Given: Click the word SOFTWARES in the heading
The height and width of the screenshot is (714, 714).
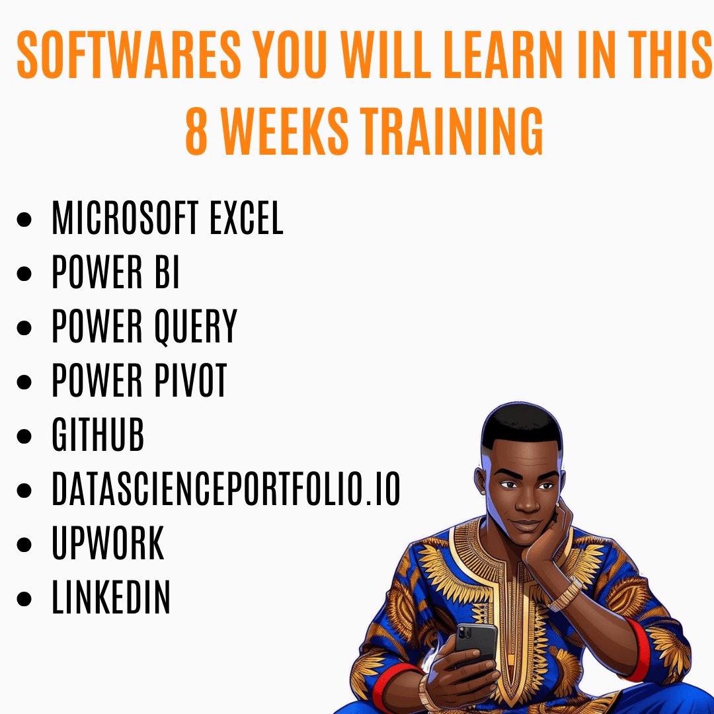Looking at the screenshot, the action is point(129,55).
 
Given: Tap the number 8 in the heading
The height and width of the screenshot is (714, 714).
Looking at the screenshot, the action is point(197,131).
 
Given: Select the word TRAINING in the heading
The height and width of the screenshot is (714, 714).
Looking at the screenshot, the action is point(452,131).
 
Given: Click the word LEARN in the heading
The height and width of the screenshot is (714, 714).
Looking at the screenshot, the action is point(504,55).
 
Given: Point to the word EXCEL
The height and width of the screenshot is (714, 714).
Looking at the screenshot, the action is point(247,218).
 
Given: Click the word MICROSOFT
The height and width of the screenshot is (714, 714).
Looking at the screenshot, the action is point(125,218).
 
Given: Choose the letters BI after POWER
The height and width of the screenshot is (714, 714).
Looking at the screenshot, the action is point(167,272).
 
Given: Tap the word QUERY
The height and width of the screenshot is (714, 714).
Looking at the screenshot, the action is point(196,326).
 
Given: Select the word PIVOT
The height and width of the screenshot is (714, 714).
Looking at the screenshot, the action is point(190,380).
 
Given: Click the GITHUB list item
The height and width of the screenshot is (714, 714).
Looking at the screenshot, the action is point(98,434).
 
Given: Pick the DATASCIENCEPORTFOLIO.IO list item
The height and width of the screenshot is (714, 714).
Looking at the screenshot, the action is point(226,489).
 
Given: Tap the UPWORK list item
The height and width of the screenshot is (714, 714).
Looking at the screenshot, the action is point(108,543).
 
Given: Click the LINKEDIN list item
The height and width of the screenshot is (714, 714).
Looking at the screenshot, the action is point(111,597).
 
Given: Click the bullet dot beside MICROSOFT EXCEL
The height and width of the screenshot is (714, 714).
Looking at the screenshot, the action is point(24,219).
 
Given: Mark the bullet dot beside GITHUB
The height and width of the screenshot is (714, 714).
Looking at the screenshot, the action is point(24,436).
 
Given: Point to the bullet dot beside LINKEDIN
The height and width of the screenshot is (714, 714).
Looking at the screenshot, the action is point(24,599).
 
